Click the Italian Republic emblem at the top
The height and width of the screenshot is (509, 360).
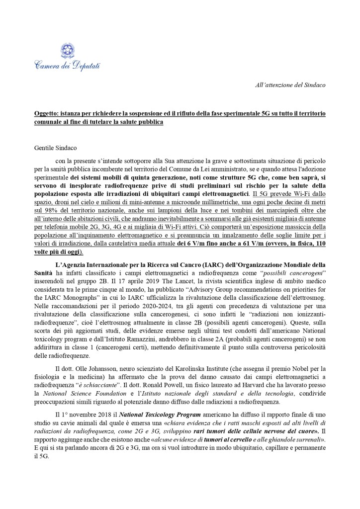67,51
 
